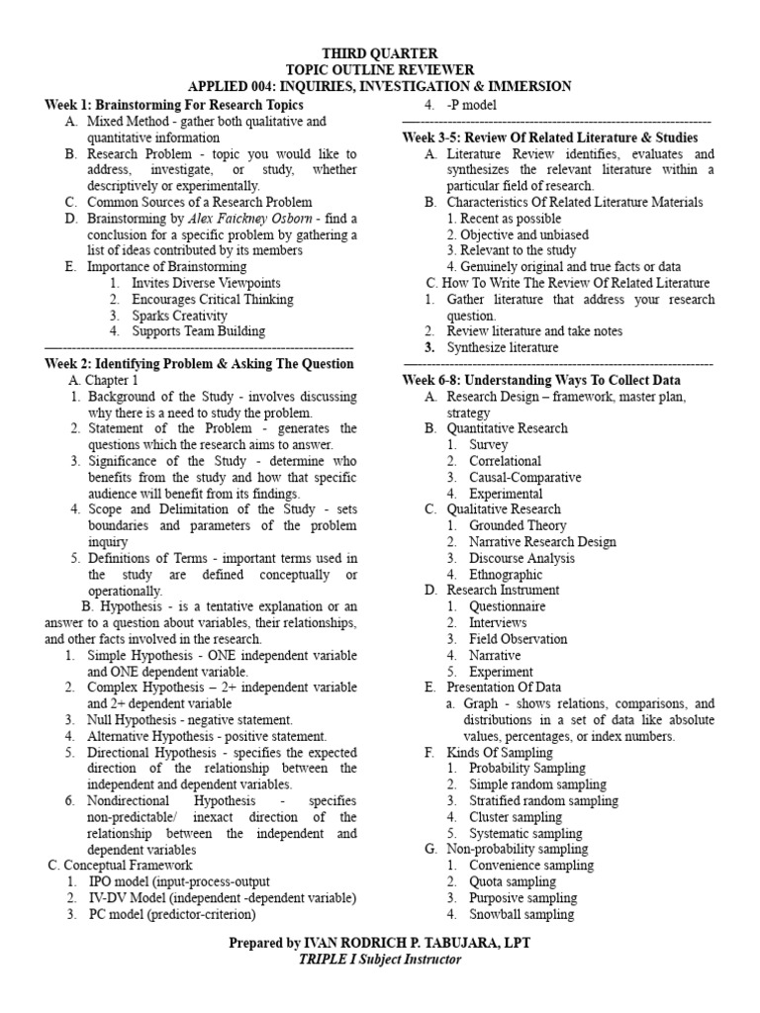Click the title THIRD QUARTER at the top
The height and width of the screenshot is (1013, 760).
click(x=380, y=53)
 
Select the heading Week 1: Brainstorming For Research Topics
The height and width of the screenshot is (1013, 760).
click(x=174, y=105)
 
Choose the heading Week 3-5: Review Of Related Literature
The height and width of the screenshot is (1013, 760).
click(x=549, y=138)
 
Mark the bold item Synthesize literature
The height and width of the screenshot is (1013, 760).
click(x=502, y=347)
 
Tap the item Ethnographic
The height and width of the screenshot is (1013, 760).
click(x=506, y=574)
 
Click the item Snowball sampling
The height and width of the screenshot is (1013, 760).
click(x=521, y=914)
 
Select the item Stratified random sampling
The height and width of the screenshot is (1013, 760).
click(x=543, y=800)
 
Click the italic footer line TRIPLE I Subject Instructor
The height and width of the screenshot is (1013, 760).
click(x=380, y=960)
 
